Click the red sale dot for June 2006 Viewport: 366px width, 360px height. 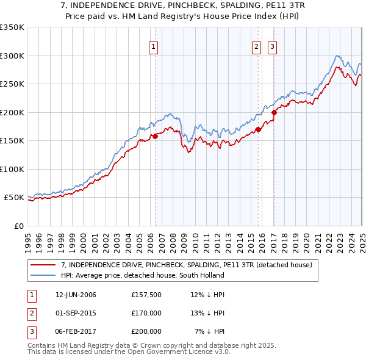pos(155,137)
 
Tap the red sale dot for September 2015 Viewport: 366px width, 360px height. pos(258,129)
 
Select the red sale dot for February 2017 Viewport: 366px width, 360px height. pos(274,112)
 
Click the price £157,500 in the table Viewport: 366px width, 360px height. pos(146,295)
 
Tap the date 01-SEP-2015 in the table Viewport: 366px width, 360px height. pos(76,313)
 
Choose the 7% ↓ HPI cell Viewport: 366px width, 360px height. pos(210,331)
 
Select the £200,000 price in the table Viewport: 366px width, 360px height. pos(146,331)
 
